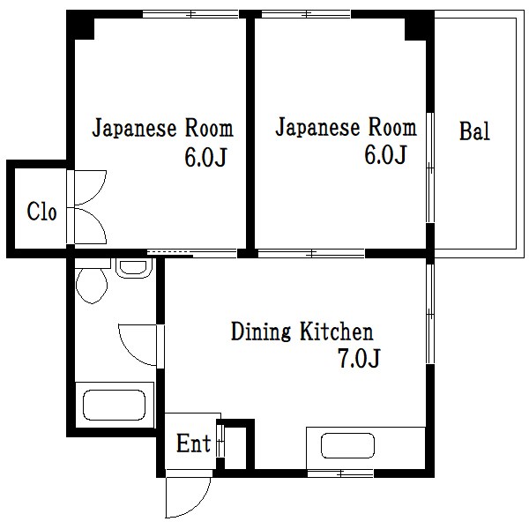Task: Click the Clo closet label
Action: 41,212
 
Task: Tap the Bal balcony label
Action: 473,133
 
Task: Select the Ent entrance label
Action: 193,443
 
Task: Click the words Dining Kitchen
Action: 302,332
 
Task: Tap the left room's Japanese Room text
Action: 163,129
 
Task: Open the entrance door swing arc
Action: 187,498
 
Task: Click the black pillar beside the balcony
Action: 419,26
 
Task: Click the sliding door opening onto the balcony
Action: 429,168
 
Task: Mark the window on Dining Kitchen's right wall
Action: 429,314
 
